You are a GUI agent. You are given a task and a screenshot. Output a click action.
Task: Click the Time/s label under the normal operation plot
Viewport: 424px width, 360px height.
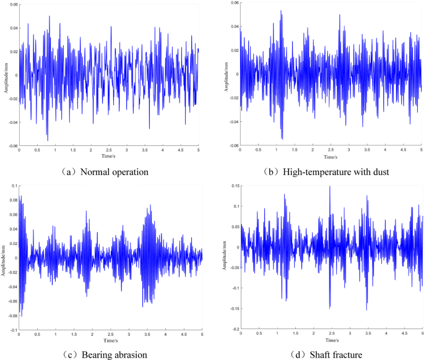tap(108, 155)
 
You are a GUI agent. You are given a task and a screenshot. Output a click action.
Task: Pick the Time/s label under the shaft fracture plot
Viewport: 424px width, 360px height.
tap(331, 340)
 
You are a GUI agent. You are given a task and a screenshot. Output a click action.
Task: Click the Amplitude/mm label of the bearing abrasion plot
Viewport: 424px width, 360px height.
tap(5, 258)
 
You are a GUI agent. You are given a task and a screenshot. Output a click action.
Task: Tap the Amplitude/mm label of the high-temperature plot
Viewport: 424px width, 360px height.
tap(227, 74)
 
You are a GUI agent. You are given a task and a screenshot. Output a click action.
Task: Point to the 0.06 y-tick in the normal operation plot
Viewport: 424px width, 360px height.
tap(13, 4)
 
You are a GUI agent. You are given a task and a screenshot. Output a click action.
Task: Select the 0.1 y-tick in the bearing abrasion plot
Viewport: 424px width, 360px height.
tap(14, 186)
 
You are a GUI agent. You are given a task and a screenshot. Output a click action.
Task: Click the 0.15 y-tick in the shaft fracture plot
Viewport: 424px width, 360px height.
tap(235, 186)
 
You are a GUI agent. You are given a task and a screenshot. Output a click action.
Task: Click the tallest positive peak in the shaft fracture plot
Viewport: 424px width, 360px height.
tap(329, 186)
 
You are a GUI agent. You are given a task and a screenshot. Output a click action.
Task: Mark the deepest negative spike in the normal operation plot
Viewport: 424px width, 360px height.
tap(47, 140)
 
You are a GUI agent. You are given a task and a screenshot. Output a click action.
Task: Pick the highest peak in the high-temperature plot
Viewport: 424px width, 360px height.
tap(280, 11)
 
